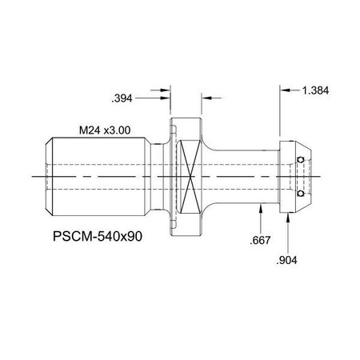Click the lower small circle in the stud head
tap(299, 193)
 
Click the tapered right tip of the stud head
tap(311, 176)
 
